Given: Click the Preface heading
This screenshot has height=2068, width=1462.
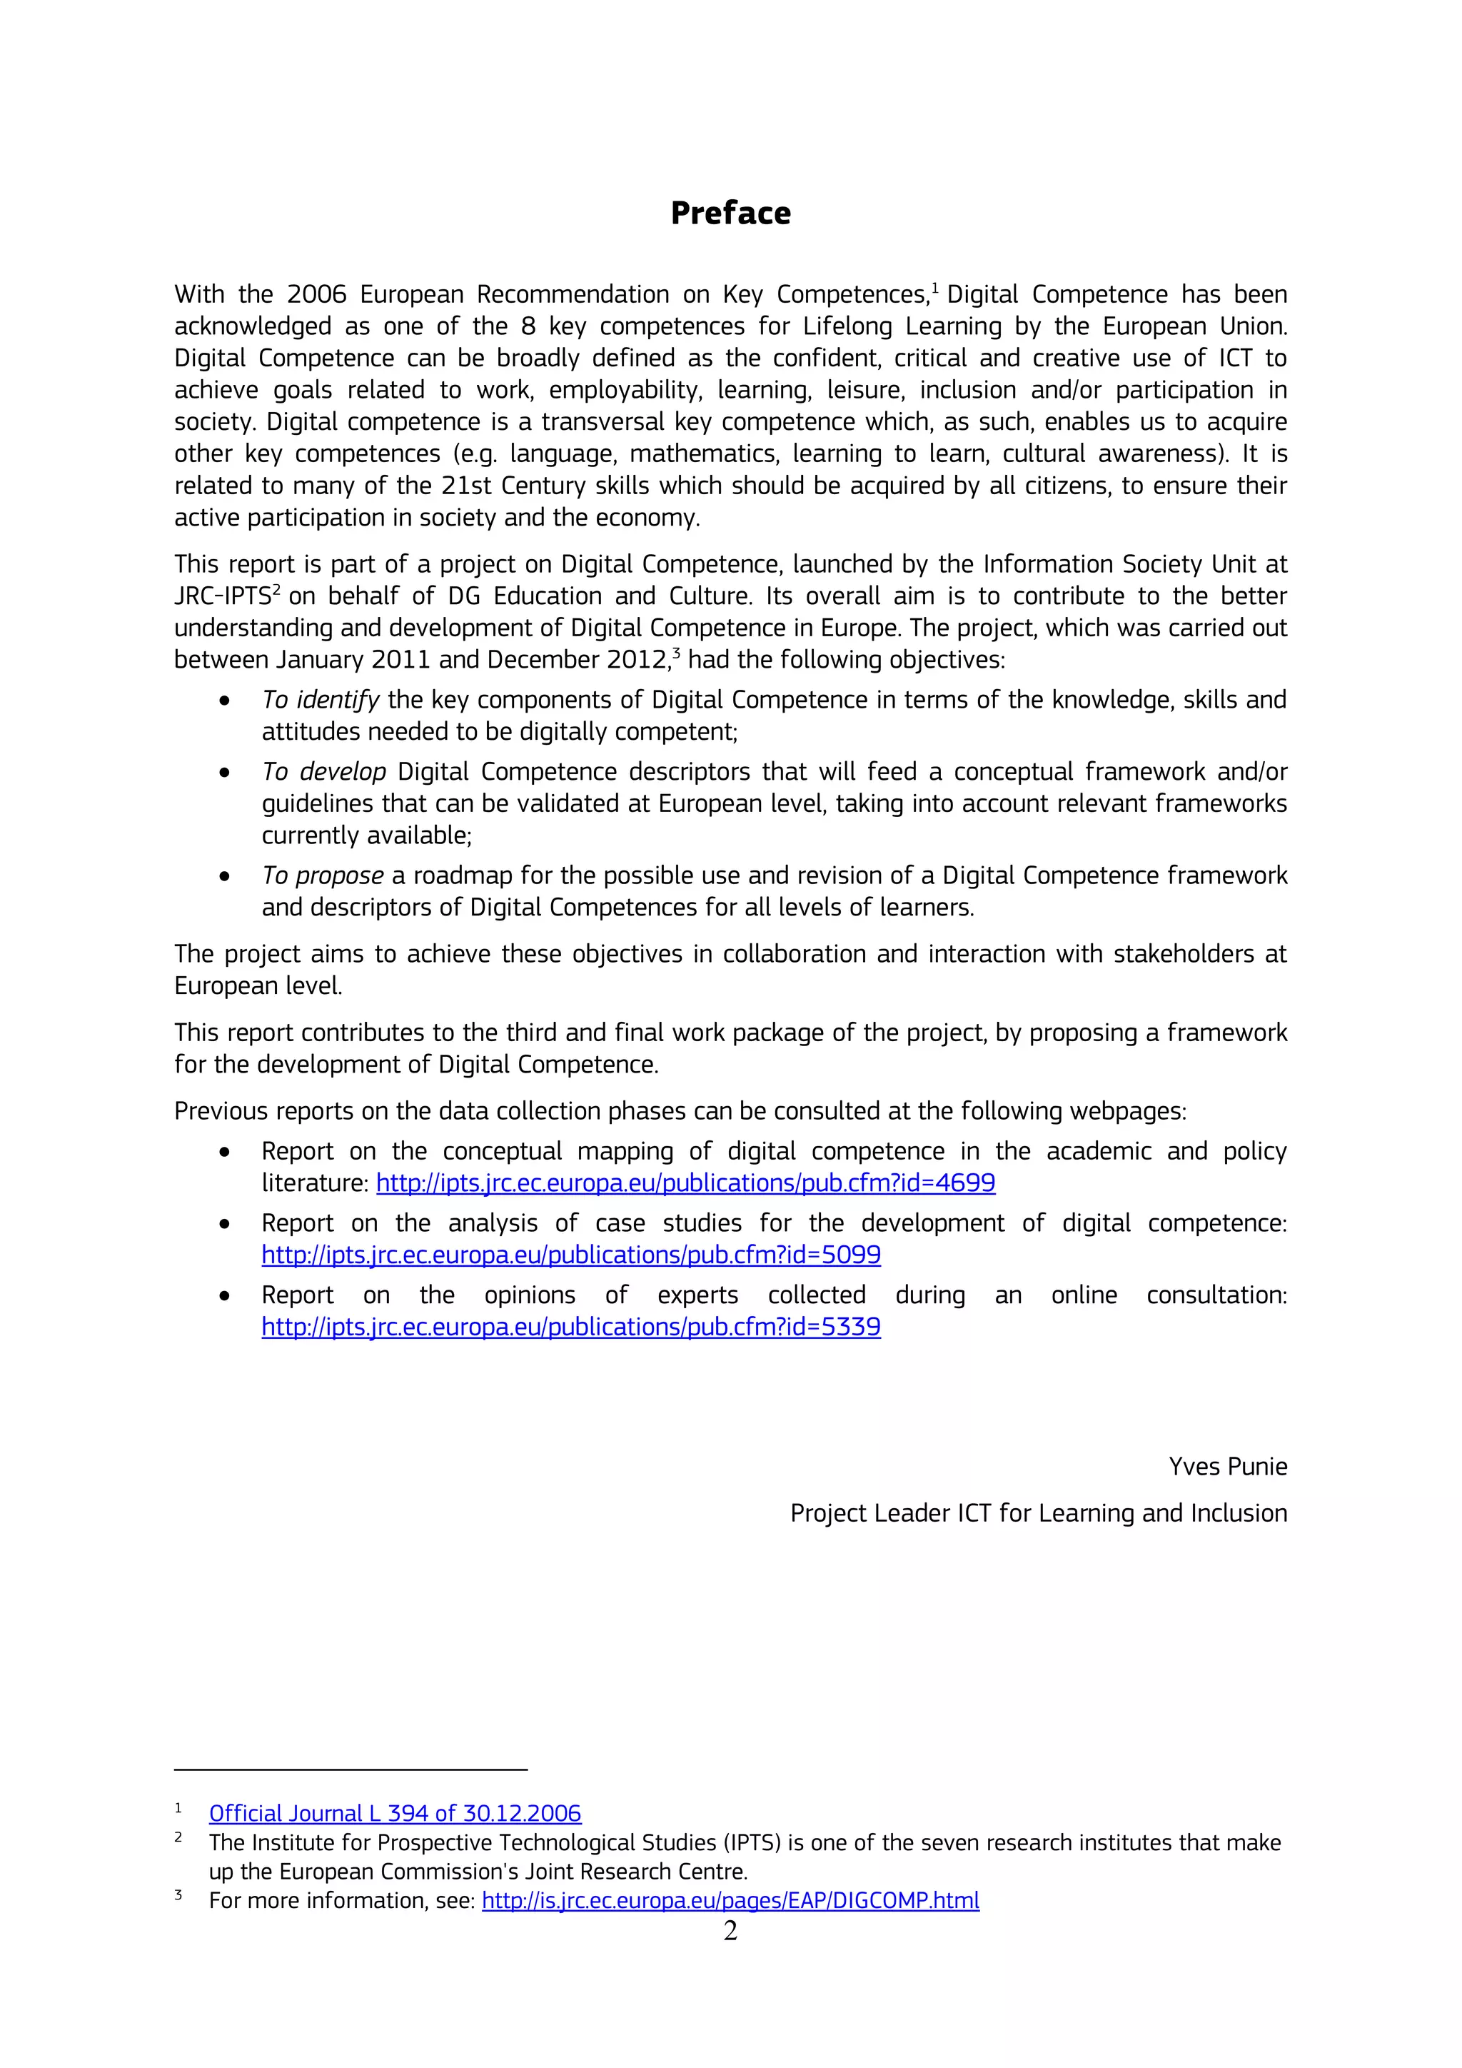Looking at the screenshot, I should (730, 214).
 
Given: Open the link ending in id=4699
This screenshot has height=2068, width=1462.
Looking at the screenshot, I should (685, 1183).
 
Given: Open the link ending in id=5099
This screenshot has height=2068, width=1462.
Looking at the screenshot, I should (571, 1255).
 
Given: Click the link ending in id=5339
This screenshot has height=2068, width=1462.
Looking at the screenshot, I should (571, 1327).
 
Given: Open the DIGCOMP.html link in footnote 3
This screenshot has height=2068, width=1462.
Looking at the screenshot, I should (730, 1900).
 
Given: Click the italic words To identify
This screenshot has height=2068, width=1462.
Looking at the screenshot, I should (321, 700).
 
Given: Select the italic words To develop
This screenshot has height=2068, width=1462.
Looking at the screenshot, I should (323, 772).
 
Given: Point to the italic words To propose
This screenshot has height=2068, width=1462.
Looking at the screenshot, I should (322, 875).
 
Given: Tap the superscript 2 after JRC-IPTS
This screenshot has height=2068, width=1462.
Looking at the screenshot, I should (277, 589).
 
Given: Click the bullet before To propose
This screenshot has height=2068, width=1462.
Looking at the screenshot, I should (224, 876).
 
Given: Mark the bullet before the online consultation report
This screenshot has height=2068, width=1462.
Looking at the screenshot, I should (224, 1296).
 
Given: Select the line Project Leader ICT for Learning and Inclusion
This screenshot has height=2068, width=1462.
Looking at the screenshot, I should (1038, 1513).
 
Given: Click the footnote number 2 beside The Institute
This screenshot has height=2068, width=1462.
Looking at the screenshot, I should (178, 1837).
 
